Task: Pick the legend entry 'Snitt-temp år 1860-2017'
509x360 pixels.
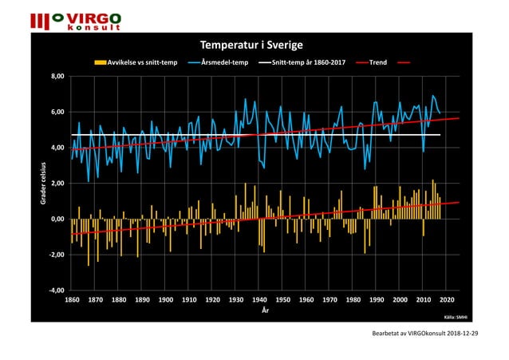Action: tap(307, 61)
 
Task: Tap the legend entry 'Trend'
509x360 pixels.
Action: tap(377, 61)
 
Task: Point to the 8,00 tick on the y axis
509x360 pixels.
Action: tap(56, 77)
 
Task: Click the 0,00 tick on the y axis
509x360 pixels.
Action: tap(56, 219)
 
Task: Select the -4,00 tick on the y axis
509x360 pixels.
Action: tap(55, 291)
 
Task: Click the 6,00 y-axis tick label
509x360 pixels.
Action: tap(56, 112)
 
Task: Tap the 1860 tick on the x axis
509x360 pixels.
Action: tap(71, 300)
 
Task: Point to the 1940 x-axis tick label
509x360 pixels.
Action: tap(259, 300)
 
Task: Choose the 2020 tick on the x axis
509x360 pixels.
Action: tap(447, 300)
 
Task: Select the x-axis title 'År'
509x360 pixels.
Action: tap(266, 310)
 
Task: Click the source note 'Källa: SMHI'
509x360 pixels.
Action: tap(456, 316)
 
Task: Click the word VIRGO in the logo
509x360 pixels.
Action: tap(93, 18)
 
